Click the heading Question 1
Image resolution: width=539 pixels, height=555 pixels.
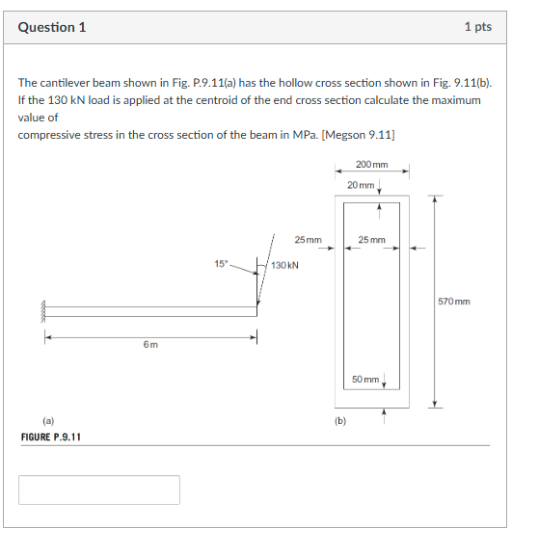pos(52,27)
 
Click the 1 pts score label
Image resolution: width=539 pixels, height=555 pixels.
pos(477,27)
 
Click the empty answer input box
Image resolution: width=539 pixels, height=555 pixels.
pos(99,489)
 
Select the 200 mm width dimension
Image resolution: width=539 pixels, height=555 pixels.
pos(371,165)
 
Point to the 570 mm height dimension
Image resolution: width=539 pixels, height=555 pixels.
pos(454,302)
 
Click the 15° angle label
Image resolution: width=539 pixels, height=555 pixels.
pos(222,262)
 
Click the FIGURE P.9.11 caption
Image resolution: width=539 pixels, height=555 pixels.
pos(51,437)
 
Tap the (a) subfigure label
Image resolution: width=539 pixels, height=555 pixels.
pos(47,420)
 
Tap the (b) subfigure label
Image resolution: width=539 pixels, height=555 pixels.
pos(339,420)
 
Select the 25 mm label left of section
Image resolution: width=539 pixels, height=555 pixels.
pos(308,239)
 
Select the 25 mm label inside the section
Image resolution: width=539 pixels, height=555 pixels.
pos(371,239)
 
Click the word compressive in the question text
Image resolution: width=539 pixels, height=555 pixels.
pos(50,134)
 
